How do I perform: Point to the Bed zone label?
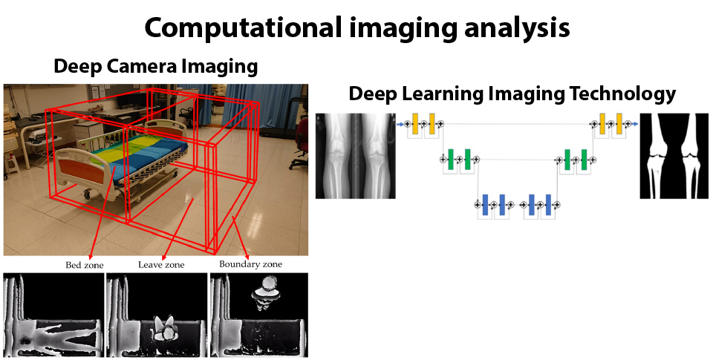[x=84, y=264]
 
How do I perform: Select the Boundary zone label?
[x=251, y=264]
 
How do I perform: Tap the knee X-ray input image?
[x=354, y=155]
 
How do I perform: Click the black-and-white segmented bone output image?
[x=674, y=155]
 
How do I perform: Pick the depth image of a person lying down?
[x=53, y=315]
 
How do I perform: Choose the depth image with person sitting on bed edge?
[x=156, y=315]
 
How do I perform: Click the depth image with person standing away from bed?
[x=258, y=315]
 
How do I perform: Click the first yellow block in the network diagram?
[x=415, y=124]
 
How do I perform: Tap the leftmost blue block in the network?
[x=484, y=204]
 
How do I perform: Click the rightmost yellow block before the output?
[x=619, y=124]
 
